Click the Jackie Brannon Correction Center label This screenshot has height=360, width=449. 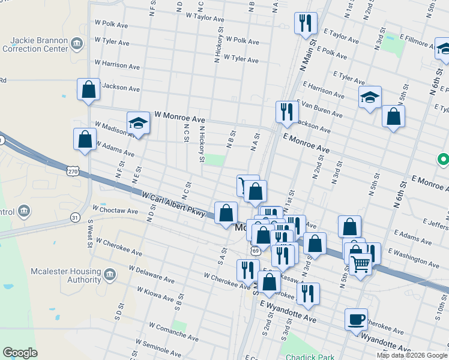click(x=37, y=44)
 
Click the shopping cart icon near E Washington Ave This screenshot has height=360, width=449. click(x=360, y=264)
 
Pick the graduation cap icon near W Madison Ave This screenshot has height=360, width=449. click(x=138, y=123)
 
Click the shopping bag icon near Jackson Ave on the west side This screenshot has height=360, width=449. click(x=88, y=89)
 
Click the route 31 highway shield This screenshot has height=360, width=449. click(x=75, y=217)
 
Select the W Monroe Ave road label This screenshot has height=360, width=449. click(x=179, y=114)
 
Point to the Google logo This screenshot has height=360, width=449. click(x=20, y=353)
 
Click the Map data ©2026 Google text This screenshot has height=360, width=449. click(x=412, y=355)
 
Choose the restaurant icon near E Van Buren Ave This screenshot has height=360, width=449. click(x=287, y=111)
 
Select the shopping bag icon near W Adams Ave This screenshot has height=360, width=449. click(x=84, y=139)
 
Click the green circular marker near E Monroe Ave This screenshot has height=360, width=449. click(x=443, y=160)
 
